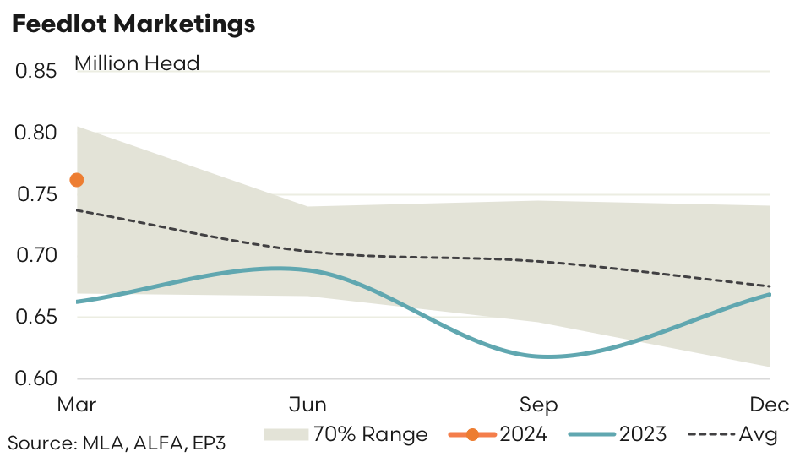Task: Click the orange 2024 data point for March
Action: [x=76, y=179]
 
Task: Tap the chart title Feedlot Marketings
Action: [x=133, y=24]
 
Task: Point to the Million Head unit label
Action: [x=137, y=63]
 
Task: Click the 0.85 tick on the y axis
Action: [x=35, y=72]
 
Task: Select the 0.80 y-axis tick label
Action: [x=35, y=133]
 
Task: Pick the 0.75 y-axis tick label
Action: [x=35, y=195]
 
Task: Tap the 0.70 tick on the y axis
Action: [x=35, y=256]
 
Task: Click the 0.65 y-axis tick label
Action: [x=35, y=318]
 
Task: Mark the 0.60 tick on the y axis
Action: [x=35, y=379]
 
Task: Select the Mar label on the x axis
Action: [x=77, y=405]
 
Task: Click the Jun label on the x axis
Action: [x=307, y=405]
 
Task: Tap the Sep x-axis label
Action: [x=539, y=405]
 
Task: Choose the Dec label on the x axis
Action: [x=770, y=405]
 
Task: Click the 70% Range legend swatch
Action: [x=285, y=435]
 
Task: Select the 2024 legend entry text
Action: [x=524, y=435]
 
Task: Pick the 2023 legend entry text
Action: [x=643, y=435]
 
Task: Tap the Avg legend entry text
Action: [x=759, y=435]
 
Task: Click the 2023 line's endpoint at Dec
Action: [x=770, y=294]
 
